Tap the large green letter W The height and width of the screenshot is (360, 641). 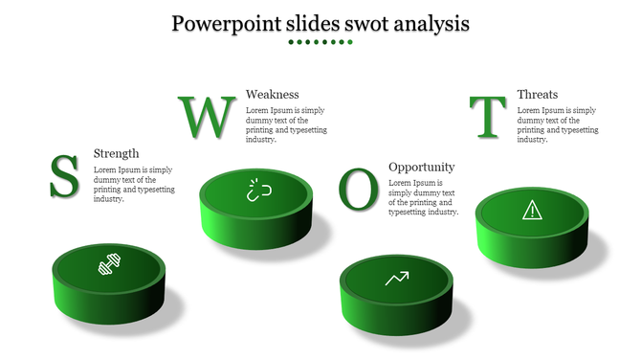207,117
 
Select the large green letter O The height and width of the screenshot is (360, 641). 359,190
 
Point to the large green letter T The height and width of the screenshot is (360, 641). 489,117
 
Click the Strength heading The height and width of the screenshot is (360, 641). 116,153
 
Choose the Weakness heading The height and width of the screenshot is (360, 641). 273,94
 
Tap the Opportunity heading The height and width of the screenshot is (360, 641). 421,167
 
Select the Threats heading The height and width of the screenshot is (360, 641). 537,94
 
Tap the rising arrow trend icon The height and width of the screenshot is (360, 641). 397,279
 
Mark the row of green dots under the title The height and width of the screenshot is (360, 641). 320,43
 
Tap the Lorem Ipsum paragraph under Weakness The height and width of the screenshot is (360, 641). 285,124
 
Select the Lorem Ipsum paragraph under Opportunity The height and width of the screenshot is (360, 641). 423,197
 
